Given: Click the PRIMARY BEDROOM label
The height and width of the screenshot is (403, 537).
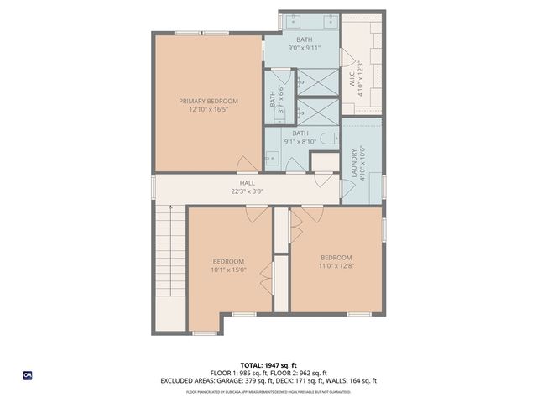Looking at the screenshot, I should pos(208,101).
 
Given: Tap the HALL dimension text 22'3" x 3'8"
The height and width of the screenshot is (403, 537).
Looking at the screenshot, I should pos(248,191).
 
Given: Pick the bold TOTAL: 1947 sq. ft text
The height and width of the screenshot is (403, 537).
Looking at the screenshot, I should pos(268,365).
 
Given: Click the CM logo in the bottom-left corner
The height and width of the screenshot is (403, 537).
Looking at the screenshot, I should pos(27,374).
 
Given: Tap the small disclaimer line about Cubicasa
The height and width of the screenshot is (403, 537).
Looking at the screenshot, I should pos(268,391).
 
